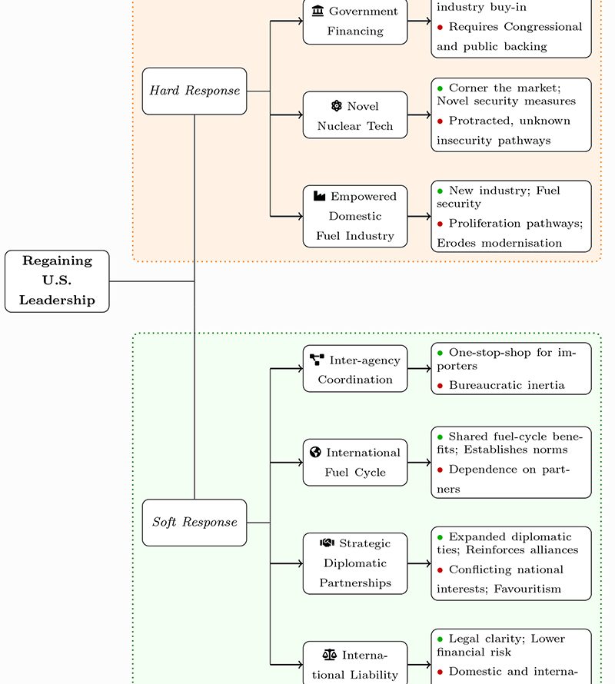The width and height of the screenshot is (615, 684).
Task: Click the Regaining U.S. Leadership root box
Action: pyautogui.click(x=57, y=281)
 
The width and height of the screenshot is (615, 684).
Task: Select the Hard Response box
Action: pyautogui.click(x=194, y=91)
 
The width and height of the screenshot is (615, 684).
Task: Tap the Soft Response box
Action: pyautogui.click(x=194, y=523)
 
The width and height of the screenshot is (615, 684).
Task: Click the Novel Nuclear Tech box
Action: pyautogui.click(x=354, y=115)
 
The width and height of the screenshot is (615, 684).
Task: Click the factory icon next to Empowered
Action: pyautogui.click(x=319, y=196)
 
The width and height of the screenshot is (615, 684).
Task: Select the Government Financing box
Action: pyautogui.click(x=354, y=22)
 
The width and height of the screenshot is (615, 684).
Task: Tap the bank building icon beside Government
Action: pyautogui.click(x=317, y=11)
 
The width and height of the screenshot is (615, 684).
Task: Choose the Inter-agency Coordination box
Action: pyautogui.click(x=354, y=369)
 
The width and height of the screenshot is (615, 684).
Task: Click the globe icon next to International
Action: pyautogui.click(x=315, y=452)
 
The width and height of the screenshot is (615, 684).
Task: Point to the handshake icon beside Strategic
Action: pyautogui.click(x=327, y=543)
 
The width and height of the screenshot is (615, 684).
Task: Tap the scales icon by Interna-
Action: pyautogui.click(x=330, y=655)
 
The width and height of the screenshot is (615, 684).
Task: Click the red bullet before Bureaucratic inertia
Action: pyautogui.click(x=440, y=386)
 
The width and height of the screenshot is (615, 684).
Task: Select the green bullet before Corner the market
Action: pyautogui.click(x=440, y=88)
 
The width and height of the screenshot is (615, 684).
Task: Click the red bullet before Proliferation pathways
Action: pyautogui.click(x=440, y=224)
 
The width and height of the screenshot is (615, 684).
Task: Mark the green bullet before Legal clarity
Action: pyautogui.click(x=440, y=639)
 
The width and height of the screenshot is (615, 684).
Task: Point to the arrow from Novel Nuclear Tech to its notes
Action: pyautogui.click(x=419, y=115)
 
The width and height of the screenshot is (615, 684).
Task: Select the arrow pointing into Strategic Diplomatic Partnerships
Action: pyautogui.click(x=288, y=563)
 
